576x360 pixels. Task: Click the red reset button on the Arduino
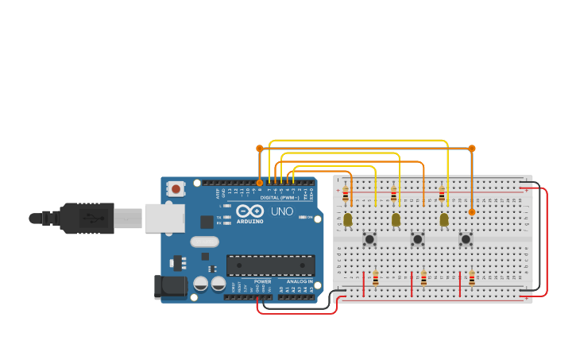pyautogui.click(x=176, y=188)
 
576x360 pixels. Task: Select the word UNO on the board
pyautogui.click(x=282, y=211)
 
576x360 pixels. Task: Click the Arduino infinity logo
pyautogui.click(x=249, y=211)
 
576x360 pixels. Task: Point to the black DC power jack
pyautogui.click(x=169, y=287)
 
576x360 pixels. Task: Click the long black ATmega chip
pyautogui.click(x=270, y=265)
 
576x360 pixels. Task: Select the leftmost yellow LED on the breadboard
pyautogui.click(x=347, y=219)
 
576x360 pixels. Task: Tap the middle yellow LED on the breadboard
pyautogui.click(x=396, y=219)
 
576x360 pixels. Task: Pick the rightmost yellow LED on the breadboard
pyautogui.click(x=444, y=219)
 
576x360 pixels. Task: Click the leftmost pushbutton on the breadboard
pyautogui.click(x=369, y=238)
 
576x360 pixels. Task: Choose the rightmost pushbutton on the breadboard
pyautogui.click(x=466, y=238)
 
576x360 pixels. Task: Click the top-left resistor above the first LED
pyautogui.click(x=345, y=193)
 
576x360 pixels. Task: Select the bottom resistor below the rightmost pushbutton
pyautogui.click(x=472, y=278)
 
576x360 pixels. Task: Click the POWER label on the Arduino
pyautogui.click(x=262, y=281)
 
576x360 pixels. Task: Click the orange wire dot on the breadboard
pyautogui.click(x=471, y=212)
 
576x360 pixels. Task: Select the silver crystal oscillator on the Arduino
pyautogui.click(x=204, y=242)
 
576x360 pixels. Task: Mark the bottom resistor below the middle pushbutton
pyautogui.click(x=423, y=278)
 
